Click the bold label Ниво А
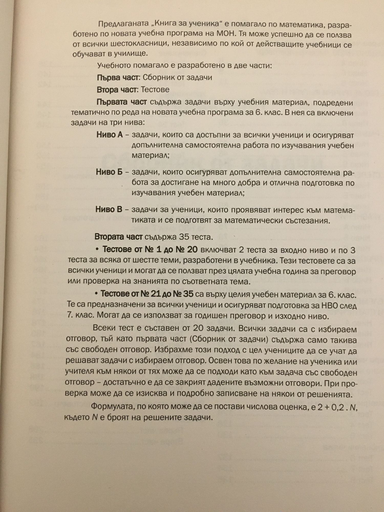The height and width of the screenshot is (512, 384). tap(110, 135)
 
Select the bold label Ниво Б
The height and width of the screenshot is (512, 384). tap(109, 172)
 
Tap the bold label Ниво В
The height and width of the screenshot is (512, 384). tap(109, 209)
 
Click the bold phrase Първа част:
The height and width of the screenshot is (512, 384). tap(118, 78)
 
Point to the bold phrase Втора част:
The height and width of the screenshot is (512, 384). tap(118, 90)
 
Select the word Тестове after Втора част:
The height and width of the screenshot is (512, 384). tap(155, 90)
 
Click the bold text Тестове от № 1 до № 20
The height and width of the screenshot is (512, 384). tap(150, 249)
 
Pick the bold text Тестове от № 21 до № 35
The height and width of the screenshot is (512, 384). tap(147, 294)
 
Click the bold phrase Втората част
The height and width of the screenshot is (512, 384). tap(119, 237)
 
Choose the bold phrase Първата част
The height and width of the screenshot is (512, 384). tap(122, 102)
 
